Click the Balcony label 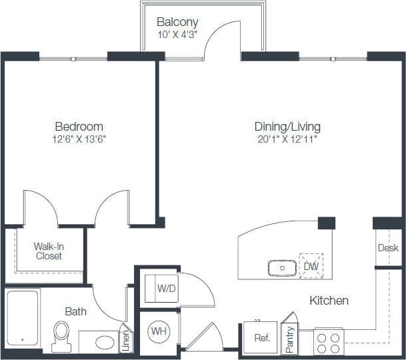177,22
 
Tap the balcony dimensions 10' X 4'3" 177,35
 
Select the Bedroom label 79,126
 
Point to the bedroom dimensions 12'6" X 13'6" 79,139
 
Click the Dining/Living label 287,126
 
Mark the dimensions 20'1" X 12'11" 287,139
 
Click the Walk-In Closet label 48,251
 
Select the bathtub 23,317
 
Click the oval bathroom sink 105,343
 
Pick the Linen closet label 125,340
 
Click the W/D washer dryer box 166,289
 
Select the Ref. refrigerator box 261,338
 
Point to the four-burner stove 328,342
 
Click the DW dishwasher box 311,266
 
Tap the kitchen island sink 282,268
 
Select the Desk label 387,247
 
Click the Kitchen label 329,301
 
